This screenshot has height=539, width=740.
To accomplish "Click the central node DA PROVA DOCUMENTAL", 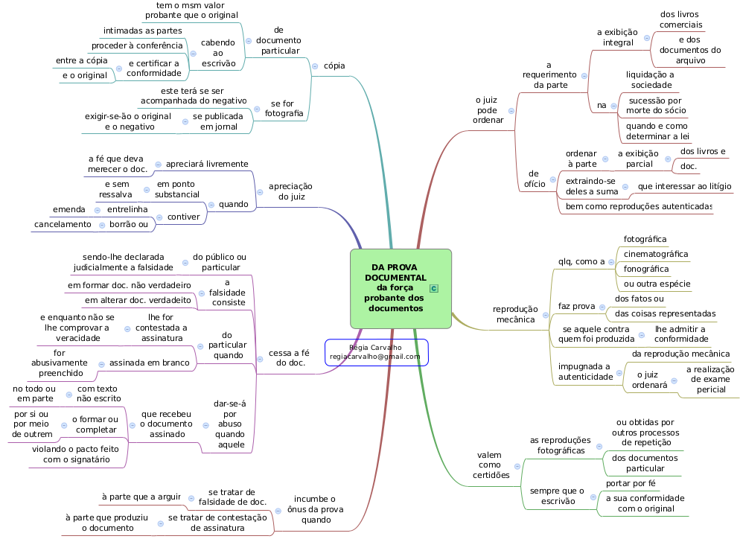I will tap(395, 287).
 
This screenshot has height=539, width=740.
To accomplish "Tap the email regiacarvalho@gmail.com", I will tap(375, 357).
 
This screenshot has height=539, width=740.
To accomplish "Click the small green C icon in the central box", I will tap(434, 288).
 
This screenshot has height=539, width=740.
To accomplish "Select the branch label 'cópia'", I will tap(334, 66).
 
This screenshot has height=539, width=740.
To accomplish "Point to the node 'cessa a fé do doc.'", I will tap(289, 357).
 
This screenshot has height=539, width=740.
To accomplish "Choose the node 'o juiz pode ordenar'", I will tap(487, 109).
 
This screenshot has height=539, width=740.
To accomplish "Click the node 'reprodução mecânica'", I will tap(515, 314).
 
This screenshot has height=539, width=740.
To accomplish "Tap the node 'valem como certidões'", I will tap(488, 465).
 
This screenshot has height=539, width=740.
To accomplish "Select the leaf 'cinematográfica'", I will tap(655, 254).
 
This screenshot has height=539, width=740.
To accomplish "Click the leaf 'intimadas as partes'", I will tap(142, 31).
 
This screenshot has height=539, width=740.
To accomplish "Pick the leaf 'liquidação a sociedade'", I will tap(649, 79).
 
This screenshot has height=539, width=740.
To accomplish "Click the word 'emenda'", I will tap(68, 209).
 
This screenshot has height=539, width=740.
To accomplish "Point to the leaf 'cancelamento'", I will tap(63, 224).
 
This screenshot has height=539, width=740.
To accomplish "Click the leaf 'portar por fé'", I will tap(631, 482).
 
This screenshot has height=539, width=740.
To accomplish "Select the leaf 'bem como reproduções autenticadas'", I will tap(639, 205).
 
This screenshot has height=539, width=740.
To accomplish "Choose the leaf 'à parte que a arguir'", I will tap(141, 497).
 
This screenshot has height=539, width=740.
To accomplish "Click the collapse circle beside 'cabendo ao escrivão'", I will tap(193, 54).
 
